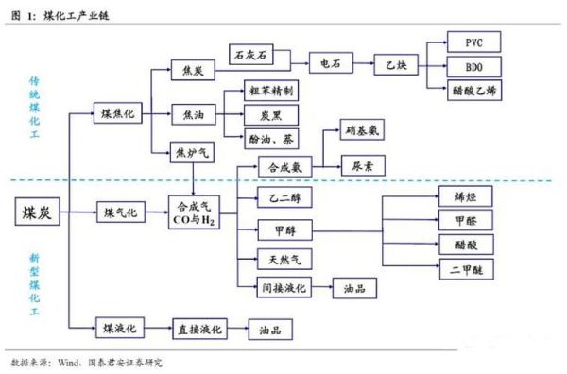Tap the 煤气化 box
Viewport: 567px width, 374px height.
tap(118, 212)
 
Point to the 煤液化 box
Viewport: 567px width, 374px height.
tap(118, 328)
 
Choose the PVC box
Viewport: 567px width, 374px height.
tap(474, 42)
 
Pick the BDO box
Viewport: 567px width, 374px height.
tap(474, 67)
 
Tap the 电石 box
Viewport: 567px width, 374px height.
tap(331, 66)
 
